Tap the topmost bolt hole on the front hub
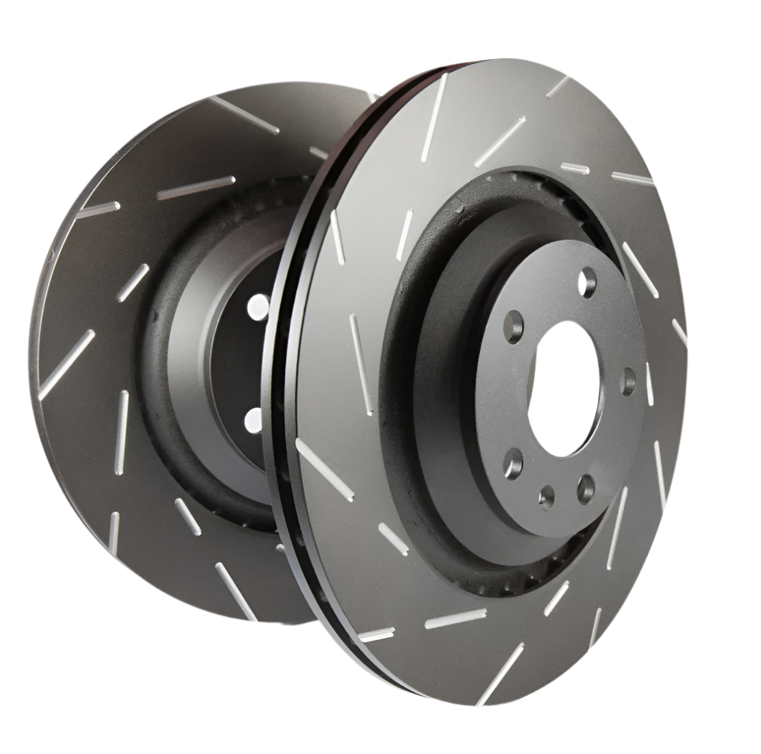587,282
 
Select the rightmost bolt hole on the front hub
628,380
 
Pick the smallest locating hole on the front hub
547,495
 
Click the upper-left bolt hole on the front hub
514,327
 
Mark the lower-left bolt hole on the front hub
513,463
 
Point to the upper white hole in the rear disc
258,307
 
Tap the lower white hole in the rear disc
255,420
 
